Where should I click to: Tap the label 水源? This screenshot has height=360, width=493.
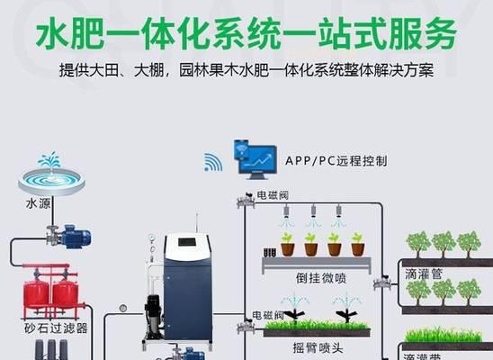pos(38,203)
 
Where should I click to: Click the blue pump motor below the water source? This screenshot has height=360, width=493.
pos(76,238)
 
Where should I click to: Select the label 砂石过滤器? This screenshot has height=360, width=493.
pos(56,328)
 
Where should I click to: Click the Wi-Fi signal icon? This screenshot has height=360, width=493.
pos(213,162)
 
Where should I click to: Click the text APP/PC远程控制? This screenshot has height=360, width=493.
pos(336,161)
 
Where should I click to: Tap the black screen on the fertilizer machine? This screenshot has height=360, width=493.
pos(187,242)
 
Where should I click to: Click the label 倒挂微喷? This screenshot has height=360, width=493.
pos(320,278)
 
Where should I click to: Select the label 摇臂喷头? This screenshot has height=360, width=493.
pos(318,348)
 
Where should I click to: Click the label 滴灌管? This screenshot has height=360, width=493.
pos(424,274)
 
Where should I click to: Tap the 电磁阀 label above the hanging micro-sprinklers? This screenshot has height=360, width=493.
pos(273,195)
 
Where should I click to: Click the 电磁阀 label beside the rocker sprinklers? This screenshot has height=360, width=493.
pos(268,315)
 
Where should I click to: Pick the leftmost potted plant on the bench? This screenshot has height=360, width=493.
pos(287,244)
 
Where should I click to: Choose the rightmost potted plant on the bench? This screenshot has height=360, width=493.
pos(358,244)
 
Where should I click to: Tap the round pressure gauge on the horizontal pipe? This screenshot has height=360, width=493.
pos(123,309)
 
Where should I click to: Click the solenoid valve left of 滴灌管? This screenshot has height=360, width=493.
pos(382,283)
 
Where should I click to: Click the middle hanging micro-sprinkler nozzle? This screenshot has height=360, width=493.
pos(313,211)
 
